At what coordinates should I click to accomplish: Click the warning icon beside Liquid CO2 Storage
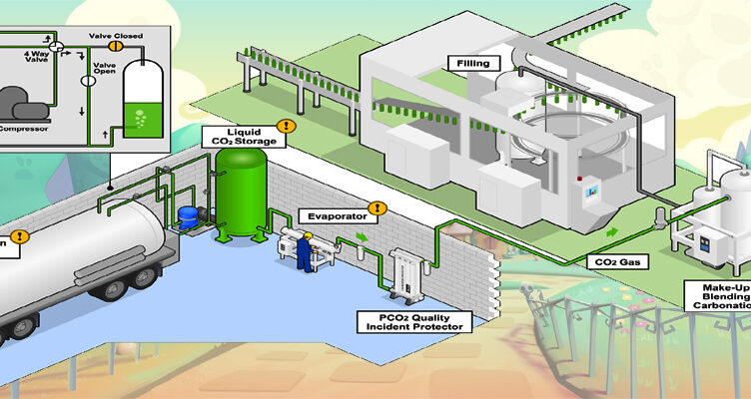(286, 127)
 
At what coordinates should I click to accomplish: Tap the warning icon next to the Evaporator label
(375, 208)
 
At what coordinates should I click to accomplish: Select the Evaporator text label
(334, 214)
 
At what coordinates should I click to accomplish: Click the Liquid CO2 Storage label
(244, 137)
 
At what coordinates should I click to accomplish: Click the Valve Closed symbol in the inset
(116, 45)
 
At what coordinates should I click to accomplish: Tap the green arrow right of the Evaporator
(363, 239)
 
